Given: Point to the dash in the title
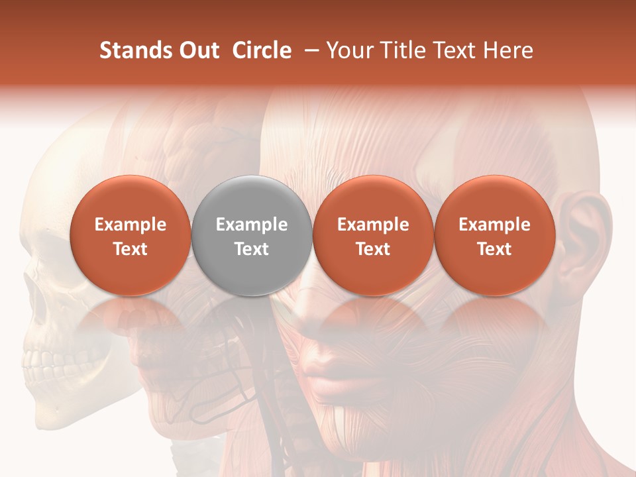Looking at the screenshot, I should (309, 50).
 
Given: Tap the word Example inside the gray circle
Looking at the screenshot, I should (252, 225).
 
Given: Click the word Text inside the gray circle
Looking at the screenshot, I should (252, 249).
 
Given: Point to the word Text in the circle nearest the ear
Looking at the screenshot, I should (495, 249).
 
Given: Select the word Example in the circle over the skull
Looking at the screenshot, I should (131, 225).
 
